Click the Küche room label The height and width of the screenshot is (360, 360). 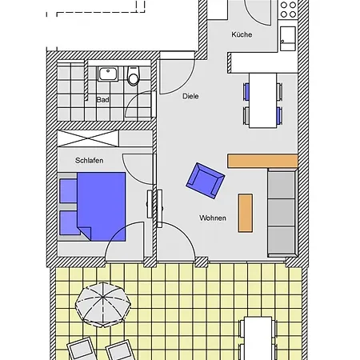point(242,34)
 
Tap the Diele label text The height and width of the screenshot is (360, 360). point(190,96)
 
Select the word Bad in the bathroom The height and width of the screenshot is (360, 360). point(102,100)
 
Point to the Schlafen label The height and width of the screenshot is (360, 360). point(89,160)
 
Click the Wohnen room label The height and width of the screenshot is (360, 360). point(213,218)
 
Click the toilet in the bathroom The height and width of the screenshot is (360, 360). point(134,76)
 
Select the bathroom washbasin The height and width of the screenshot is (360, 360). point(108,74)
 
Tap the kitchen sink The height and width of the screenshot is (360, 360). point(288,38)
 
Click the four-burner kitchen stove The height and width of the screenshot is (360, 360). point(288,10)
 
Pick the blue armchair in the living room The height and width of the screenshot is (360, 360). point(206,181)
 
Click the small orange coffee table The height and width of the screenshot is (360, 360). point(246,213)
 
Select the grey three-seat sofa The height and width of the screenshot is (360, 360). point(282,213)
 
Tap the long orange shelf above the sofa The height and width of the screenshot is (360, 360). point(262,161)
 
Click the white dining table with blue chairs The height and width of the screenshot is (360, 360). point(262,100)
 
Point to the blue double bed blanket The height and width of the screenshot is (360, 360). point(102,206)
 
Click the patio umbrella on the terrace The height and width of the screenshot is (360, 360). point(103,305)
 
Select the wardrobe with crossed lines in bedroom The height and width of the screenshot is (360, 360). point(88,138)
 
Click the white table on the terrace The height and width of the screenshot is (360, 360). point(258,338)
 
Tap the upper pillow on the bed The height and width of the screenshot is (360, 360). point(68,190)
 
